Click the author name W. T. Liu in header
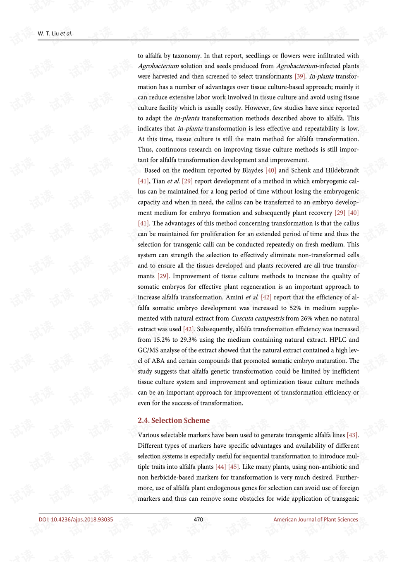[48, 34]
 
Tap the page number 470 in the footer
[198, 519]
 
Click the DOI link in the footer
[76, 519]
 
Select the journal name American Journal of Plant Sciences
[316, 519]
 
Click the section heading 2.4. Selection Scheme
[174, 420]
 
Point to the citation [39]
[300, 76]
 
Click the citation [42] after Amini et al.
[266, 297]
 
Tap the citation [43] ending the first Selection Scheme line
[352, 435]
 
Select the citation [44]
[220, 467]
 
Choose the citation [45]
[233, 467]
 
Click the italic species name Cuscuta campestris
[257, 318]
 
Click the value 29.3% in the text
[189, 340]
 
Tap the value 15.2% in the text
[162, 340]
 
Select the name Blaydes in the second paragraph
[252, 170]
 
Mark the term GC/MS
[147, 350]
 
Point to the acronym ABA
[158, 361]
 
